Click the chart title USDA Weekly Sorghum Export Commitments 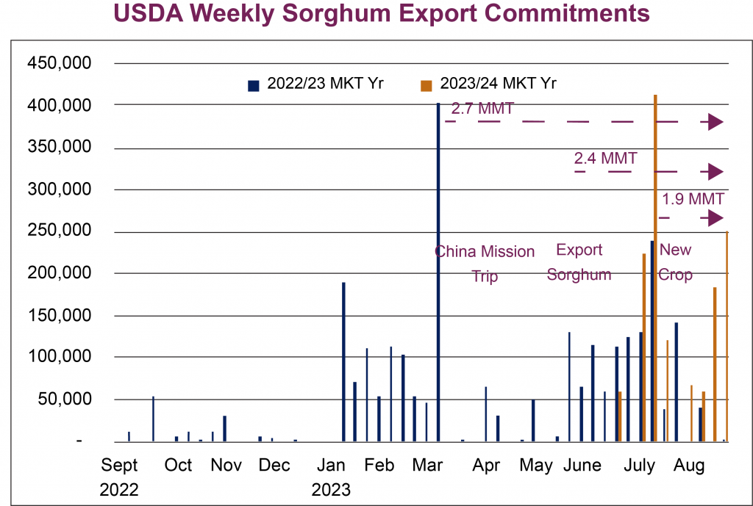pyautogui.click(x=382, y=14)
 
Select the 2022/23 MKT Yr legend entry pyautogui.click(x=316, y=84)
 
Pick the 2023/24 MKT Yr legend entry pyautogui.click(x=488, y=84)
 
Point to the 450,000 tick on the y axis pyautogui.click(x=60, y=64)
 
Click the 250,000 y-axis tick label pyautogui.click(x=60, y=231)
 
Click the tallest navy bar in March pyautogui.click(x=438, y=272)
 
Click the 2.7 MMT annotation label pyautogui.click(x=482, y=109)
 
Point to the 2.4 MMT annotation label pyautogui.click(x=605, y=158)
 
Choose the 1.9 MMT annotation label pyautogui.click(x=693, y=199)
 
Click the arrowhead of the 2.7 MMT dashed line pyautogui.click(x=715, y=122)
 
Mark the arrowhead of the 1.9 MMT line pyautogui.click(x=715, y=218)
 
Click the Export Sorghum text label pyautogui.click(x=579, y=262)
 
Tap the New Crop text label pyautogui.click(x=675, y=262)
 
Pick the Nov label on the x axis pyautogui.click(x=226, y=466)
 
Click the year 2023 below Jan pyautogui.click(x=331, y=488)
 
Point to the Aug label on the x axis pyautogui.click(x=689, y=466)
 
